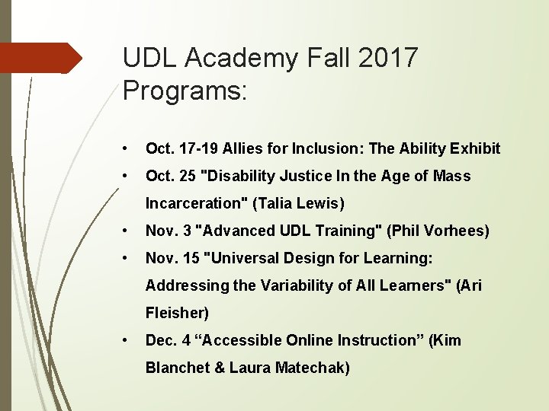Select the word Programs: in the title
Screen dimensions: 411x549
point(185,92)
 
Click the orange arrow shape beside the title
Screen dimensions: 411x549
point(42,58)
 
